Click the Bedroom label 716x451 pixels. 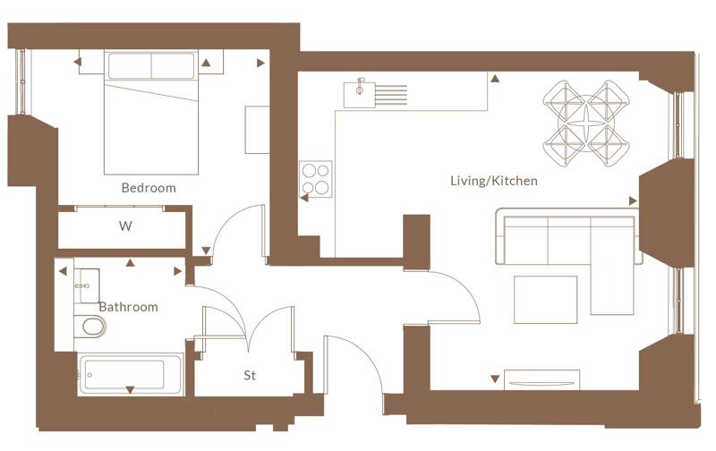coord(149,188)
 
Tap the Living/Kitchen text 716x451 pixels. coord(494,181)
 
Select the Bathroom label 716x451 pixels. coord(128,307)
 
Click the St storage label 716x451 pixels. coord(250,375)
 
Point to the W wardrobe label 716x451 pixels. coord(125,225)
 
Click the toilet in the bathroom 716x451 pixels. coord(90,327)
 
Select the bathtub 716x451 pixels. coord(130,374)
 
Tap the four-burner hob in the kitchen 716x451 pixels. coord(316,179)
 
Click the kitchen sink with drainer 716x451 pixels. coord(375,94)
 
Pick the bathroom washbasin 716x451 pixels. coord(87,285)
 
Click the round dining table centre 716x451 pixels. coord(586,123)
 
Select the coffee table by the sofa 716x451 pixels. coord(545,300)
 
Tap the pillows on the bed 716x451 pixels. coord(151,65)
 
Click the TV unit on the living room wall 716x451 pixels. coord(541,379)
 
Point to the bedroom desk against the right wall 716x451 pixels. coord(257,130)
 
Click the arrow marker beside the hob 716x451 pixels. coord(303,198)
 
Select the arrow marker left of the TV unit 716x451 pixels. coord(495,379)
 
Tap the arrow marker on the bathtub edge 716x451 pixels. coord(130,390)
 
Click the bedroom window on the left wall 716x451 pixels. coord(21,81)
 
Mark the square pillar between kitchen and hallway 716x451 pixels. coord(416,243)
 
